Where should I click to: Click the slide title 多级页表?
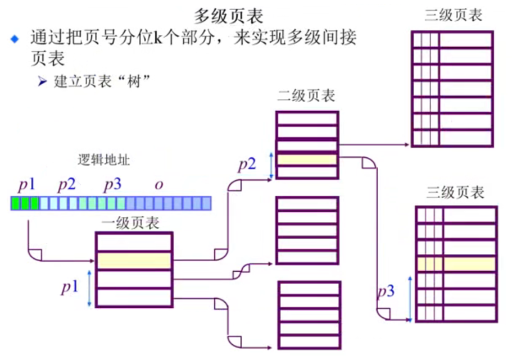[228, 16]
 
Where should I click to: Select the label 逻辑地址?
[104, 160]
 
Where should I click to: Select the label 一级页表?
[130, 223]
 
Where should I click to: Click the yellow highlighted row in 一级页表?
[133, 261]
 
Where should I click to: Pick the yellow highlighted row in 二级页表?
[307, 160]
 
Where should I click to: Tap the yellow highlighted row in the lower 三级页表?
[456, 265]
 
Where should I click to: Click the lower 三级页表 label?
[455, 193]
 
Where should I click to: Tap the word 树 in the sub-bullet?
[138, 81]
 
